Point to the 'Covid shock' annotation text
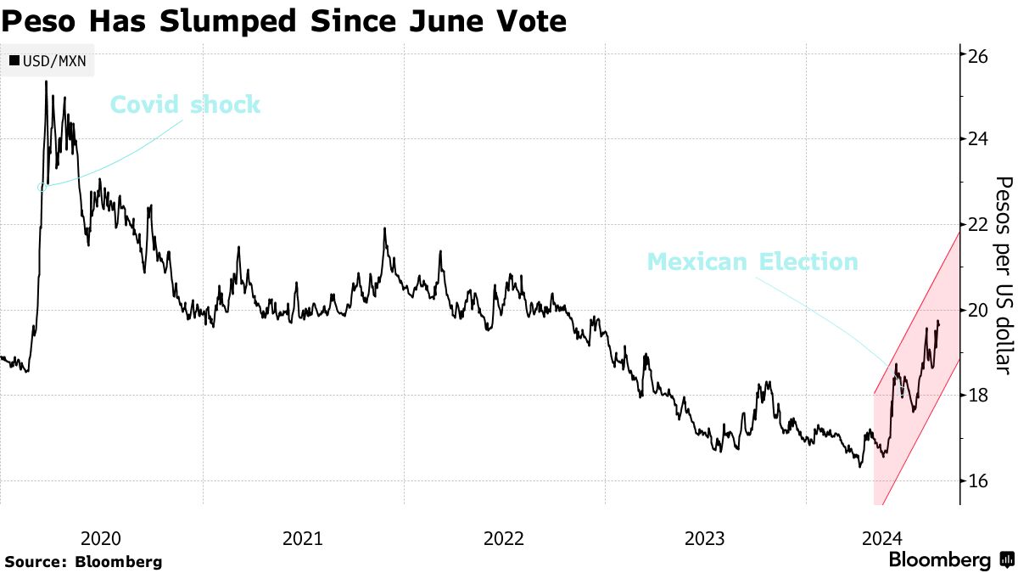[x=185, y=105]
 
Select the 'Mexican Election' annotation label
[x=752, y=261]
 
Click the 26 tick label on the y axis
[x=978, y=56]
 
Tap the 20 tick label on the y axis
[x=978, y=310]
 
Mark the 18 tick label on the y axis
[x=978, y=396]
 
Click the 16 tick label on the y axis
[x=978, y=480]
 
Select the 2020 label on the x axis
[x=101, y=537]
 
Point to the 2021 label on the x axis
[x=302, y=537]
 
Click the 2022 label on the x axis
[x=503, y=537]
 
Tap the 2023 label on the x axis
[x=704, y=537]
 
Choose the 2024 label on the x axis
[x=881, y=537]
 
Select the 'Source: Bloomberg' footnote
[x=83, y=561]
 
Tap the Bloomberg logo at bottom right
[x=950, y=560]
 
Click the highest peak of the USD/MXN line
[x=46, y=81]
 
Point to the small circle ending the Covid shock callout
[x=42, y=187]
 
